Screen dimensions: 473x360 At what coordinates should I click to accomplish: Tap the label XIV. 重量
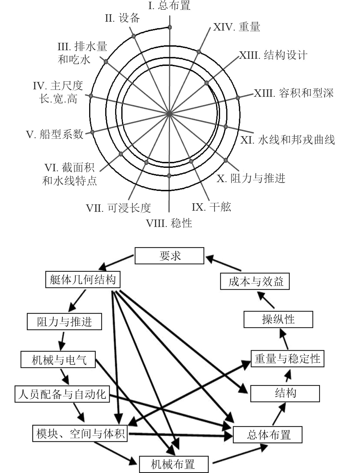coord(237,27)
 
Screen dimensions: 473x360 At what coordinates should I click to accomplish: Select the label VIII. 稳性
coord(169,223)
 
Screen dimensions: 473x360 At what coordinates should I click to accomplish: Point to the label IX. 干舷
coord(211,207)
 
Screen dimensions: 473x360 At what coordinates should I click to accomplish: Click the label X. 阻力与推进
coord(251,178)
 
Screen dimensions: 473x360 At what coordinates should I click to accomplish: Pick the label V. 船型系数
coord(55,134)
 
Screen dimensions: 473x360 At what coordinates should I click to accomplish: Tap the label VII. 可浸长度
coord(118,208)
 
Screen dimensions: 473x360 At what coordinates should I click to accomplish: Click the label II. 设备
coord(122,18)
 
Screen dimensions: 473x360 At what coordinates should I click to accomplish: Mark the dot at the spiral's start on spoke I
coord(170,27)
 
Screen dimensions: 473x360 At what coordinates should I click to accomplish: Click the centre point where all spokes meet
coord(169,114)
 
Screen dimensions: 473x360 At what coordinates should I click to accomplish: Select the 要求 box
coord(169,256)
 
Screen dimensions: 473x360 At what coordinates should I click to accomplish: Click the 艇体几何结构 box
coord(83,280)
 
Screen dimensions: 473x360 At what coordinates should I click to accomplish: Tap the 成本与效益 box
coord(255,282)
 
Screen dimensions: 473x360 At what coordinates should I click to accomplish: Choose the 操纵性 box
coord(278,319)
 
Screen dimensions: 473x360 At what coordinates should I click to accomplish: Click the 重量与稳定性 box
coord(287,359)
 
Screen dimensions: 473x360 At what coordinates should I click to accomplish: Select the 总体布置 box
coord(268,435)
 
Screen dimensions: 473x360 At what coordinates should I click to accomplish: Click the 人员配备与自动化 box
coord(62,394)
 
